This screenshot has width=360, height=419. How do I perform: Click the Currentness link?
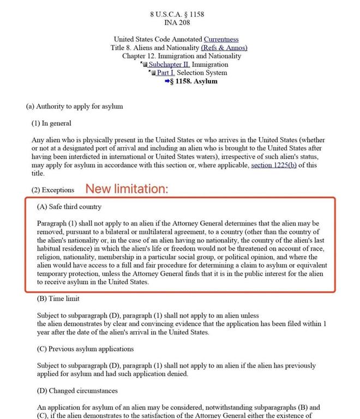pyautogui.click(x=221, y=39)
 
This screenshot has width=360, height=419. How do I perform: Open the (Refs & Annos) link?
pyautogui.click(x=220, y=48)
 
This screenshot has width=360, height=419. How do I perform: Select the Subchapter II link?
pyautogui.click(x=165, y=64)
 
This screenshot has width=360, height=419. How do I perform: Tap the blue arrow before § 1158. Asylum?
pyautogui.click(x=167, y=81)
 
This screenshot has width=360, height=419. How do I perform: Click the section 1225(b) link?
pyautogui.click(x=274, y=165)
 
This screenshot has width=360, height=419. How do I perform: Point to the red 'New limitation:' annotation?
pyautogui.click(x=127, y=189)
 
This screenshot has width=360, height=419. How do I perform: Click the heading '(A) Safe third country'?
pyautogui.click(x=69, y=207)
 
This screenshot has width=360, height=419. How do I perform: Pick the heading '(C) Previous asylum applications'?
pyautogui.click(x=85, y=349)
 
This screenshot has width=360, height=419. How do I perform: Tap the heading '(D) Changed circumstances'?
pyautogui.click(x=77, y=391)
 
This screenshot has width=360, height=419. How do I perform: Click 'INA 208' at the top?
pyautogui.click(x=177, y=22)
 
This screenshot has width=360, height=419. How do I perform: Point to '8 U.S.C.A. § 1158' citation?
pyautogui.click(x=177, y=14)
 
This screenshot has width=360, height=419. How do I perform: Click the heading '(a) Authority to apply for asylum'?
pyautogui.click(x=75, y=107)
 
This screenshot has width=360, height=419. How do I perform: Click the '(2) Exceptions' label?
pyautogui.click(x=53, y=190)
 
